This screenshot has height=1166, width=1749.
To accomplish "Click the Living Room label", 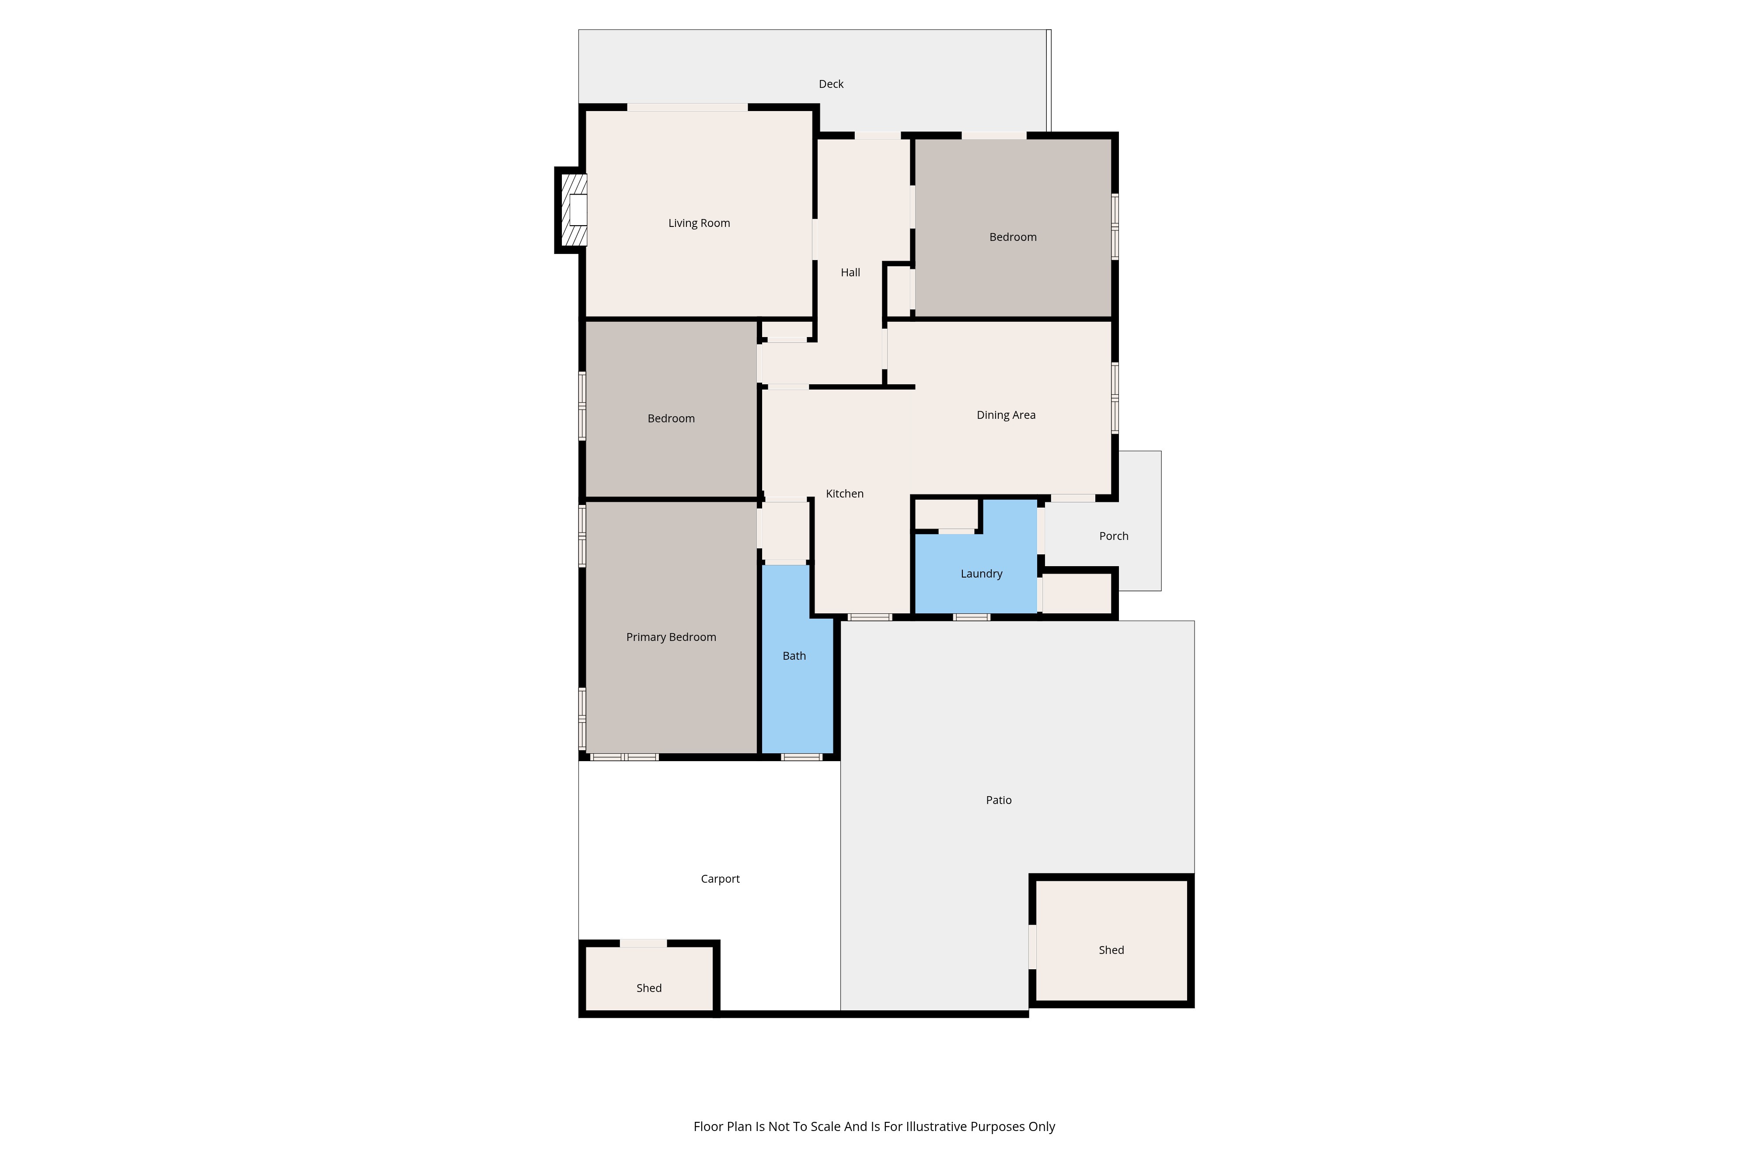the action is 699,223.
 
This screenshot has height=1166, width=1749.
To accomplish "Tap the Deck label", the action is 831,84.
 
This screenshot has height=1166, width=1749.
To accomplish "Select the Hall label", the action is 850,273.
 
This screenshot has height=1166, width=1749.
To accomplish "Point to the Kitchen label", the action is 845,494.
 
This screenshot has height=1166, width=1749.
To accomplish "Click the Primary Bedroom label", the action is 671,637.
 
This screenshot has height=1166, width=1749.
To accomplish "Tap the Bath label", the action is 794,656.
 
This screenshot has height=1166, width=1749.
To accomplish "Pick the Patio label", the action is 999,800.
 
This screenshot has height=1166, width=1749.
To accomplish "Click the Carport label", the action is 720,879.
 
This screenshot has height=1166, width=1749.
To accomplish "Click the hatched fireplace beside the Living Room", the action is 573,210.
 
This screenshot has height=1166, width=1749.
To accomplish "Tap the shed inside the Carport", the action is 648,978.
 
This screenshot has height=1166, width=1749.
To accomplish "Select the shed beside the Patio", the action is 1111,941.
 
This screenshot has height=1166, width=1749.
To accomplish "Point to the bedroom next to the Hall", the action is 1013,227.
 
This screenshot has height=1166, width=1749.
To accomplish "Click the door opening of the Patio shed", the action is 1032,947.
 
